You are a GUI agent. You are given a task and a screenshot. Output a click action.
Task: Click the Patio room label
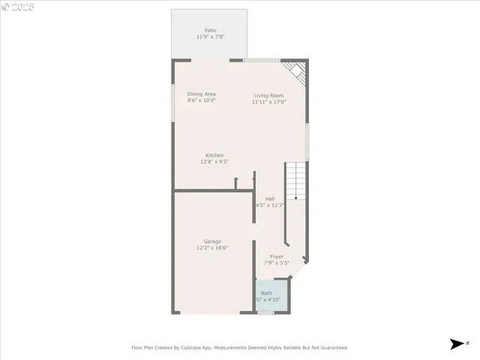[x=211, y=30]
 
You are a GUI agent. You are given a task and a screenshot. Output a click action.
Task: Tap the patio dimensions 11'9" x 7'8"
[x=211, y=37]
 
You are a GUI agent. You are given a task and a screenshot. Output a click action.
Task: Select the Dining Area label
[x=202, y=94]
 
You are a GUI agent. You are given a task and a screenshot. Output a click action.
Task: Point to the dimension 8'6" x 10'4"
[x=202, y=100]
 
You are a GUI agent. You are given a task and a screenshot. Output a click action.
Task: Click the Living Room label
[x=268, y=95]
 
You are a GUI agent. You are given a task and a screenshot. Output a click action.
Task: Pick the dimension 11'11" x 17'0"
[x=268, y=102]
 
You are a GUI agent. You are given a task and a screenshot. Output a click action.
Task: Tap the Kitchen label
[x=214, y=155]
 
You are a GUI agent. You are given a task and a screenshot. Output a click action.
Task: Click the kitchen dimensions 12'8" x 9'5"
[x=214, y=162]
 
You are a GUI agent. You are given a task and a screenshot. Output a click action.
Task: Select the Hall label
[x=269, y=198]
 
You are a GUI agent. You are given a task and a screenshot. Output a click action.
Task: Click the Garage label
[x=212, y=241]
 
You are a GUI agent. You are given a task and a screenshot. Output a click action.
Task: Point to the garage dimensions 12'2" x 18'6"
[x=212, y=247]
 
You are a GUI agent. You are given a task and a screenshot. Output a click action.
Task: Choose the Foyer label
[x=277, y=256]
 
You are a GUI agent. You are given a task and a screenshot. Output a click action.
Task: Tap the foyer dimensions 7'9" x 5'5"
[x=277, y=263]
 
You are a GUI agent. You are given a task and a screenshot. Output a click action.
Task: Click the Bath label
[x=266, y=292]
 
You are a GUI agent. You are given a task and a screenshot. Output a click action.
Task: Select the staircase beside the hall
[x=295, y=181]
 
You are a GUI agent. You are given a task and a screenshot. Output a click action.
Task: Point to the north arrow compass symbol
[x=457, y=344]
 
